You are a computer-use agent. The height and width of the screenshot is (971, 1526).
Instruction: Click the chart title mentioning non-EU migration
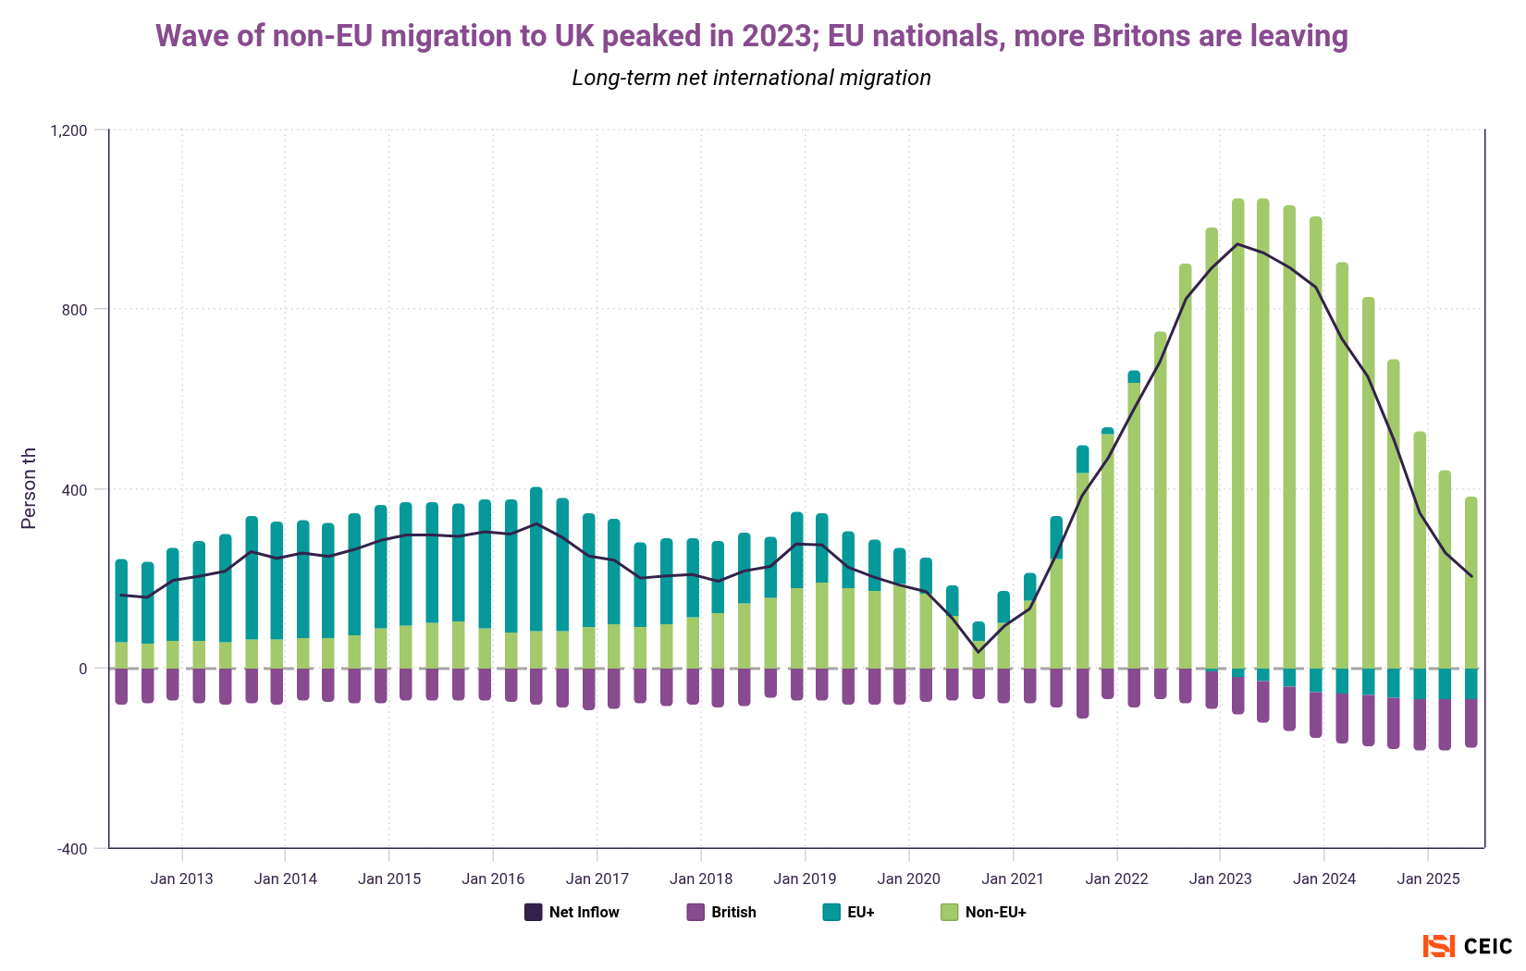pos(751,36)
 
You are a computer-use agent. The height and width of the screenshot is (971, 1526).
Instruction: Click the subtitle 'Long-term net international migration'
pos(751,78)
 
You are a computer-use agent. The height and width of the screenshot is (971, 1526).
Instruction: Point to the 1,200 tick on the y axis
pos(68,130)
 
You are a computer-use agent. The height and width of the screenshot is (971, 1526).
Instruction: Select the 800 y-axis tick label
pos(75,310)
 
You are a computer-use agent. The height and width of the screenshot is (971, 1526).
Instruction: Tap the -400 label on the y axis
pos(72,849)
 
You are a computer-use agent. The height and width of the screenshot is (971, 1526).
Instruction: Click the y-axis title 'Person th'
pos(29,488)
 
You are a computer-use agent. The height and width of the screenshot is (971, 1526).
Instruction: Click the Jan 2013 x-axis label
pos(181,879)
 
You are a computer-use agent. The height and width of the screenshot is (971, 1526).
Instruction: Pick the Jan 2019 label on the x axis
pos(805,879)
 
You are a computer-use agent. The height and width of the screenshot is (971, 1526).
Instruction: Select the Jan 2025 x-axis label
pos(1428,879)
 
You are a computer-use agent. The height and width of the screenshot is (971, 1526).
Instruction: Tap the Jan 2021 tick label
pos(1013,879)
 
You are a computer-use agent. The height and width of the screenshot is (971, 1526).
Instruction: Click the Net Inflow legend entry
pos(572,912)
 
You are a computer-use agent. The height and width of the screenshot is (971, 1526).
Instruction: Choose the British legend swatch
pos(695,912)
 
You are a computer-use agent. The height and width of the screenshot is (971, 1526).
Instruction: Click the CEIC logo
pos(1468,946)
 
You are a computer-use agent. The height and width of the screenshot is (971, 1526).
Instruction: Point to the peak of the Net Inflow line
pos(1237,244)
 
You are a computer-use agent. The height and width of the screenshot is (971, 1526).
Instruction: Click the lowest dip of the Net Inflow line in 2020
pos(978,652)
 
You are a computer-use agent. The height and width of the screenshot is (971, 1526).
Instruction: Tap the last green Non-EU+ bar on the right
pos(1471,583)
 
